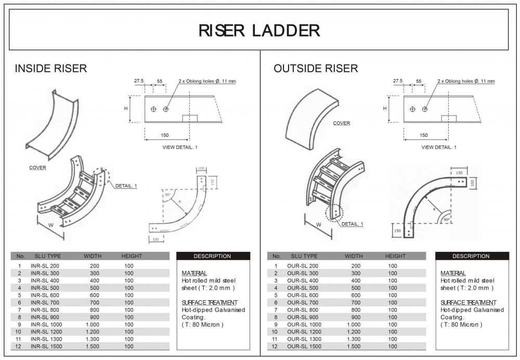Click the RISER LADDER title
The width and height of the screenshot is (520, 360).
[259, 30]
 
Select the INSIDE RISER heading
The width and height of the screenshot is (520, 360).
[51, 69]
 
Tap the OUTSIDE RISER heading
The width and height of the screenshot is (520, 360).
[316, 69]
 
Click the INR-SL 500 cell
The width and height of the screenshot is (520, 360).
[45, 288]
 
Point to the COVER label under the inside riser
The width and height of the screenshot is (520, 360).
[37, 168]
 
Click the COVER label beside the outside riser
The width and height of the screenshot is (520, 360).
[342, 123]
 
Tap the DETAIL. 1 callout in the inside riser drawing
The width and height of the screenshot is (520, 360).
[126, 186]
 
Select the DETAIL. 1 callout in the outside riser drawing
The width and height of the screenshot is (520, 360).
[352, 224]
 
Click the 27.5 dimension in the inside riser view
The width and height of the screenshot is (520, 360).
[139, 81]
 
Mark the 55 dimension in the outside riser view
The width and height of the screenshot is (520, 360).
[419, 81]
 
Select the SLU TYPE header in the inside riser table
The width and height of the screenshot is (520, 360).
[48, 256]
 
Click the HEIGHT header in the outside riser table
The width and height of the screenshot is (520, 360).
[395, 256]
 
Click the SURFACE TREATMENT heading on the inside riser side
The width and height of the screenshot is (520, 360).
[210, 302]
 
